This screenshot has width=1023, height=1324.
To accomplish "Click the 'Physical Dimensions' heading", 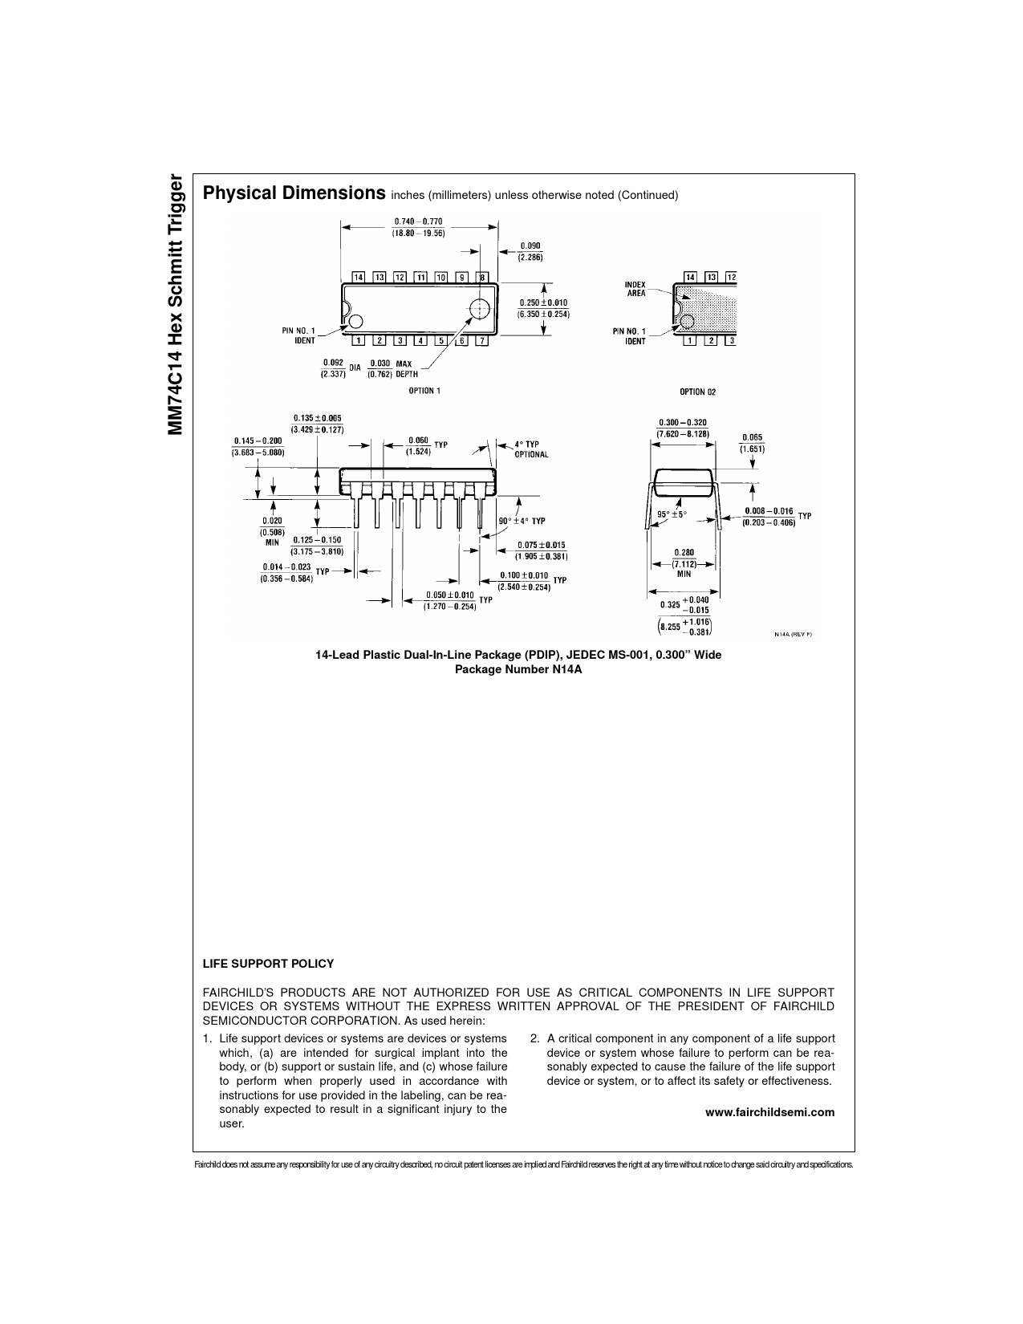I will (294, 193).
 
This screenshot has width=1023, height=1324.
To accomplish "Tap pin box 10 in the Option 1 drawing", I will (441, 277).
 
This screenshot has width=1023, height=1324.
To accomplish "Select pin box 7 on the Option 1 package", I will (482, 340).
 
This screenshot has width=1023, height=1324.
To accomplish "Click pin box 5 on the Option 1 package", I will (440, 340).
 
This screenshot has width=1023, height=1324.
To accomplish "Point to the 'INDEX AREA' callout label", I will (635, 288).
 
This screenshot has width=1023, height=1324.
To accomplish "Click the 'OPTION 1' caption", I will (424, 391).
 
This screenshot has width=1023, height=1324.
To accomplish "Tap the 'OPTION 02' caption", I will (697, 392).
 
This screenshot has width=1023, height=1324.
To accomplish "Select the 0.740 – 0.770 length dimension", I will (418, 227).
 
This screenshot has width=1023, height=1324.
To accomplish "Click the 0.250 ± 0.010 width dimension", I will (543, 307).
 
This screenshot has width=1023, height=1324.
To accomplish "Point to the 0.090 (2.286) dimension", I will (530, 251).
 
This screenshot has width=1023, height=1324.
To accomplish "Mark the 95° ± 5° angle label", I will (672, 514).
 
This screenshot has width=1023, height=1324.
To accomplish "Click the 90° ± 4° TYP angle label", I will (522, 521).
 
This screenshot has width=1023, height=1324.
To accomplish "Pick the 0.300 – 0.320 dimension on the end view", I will (683, 428).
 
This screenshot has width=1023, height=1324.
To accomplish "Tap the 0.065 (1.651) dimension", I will (752, 443).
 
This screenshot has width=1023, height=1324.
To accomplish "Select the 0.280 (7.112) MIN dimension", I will (684, 562).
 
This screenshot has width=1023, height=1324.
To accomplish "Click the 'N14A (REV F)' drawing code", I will (793, 634).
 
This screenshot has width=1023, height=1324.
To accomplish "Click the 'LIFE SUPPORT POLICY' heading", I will (268, 964).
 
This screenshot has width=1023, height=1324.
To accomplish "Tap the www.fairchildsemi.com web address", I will (770, 1112).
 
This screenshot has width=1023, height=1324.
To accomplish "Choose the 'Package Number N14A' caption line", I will (518, 669).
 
